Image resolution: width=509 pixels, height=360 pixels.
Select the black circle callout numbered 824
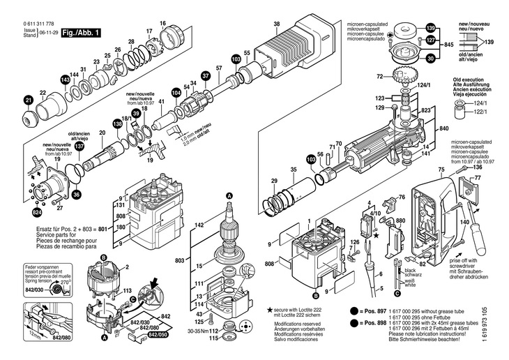(36, 211)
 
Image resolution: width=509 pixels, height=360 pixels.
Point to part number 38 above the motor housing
(277, 24)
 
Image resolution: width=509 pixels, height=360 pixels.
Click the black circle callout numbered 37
(206, 75)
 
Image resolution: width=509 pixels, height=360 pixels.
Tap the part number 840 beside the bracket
(443, 130)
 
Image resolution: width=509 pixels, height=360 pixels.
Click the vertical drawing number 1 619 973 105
(503, 332)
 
